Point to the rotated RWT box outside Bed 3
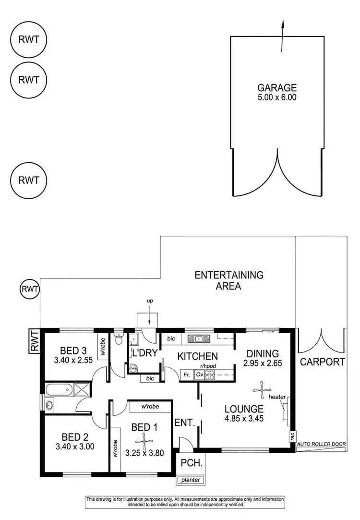(33, 341)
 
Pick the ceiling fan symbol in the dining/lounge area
(261, 390)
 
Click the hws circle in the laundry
(132, 368)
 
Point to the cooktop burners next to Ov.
(210, 375)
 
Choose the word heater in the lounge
(278, 397)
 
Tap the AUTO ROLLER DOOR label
(322, 445)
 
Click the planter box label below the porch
(190, 480)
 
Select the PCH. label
(188, 463)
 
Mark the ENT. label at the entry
(184, 423)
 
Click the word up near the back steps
(150, 300)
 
